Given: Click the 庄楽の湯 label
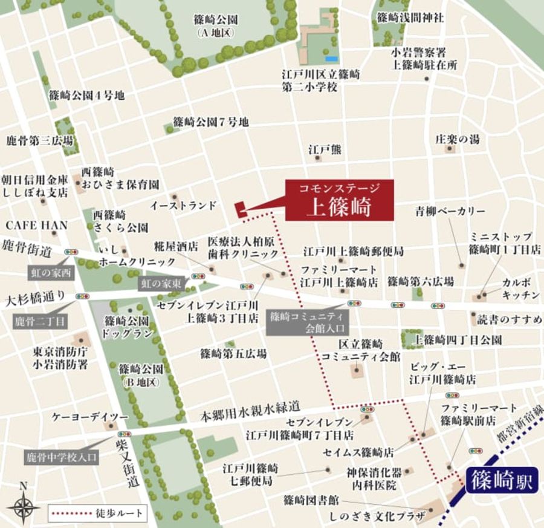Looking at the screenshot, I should point(458,139).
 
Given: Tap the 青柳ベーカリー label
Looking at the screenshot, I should point(450,211).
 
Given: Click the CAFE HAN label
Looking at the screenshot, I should point(37,225).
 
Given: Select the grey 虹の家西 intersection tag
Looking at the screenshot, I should point(51,273).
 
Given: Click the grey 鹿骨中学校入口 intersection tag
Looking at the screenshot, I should point(61,458).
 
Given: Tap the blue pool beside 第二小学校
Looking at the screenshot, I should point(331,59).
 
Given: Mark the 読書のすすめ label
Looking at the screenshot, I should point(510,319).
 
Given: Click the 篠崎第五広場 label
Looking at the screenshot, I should point(233,354).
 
